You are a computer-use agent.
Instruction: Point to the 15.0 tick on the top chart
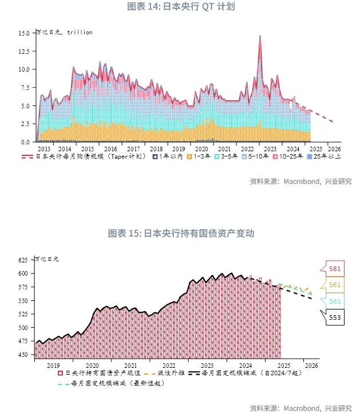tap(23, 33)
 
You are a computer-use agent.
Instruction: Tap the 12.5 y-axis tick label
tap(23, 52)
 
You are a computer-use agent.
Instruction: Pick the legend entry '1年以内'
tap(171, 156)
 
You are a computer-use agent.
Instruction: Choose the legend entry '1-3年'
tap(201, 156)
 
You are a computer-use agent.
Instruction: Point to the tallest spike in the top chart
tap(260, 37)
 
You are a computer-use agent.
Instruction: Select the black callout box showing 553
tap(334, 317)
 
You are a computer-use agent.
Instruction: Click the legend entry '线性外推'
tap(170, 373)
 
